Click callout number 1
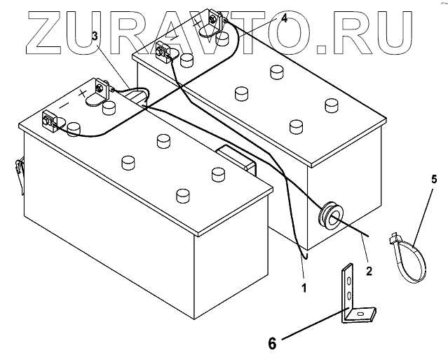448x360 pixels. [304, 287]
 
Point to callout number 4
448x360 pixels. [283, 20]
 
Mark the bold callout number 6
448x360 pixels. [273, 342]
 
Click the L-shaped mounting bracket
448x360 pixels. [354, 295]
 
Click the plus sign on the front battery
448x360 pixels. [83, 92]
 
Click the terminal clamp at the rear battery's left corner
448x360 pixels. [164, 51]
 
